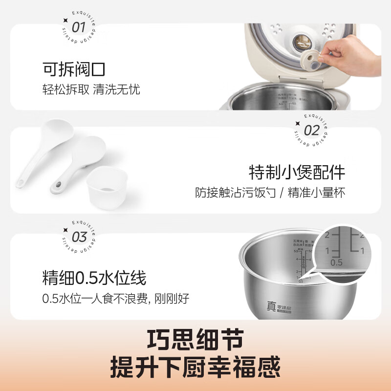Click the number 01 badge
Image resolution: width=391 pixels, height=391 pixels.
(x=78, y=26)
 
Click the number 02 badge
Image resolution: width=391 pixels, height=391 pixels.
(x=311, y=130)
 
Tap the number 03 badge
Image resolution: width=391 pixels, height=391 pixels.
(x=79, y=237)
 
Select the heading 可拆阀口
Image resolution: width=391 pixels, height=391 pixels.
(x=73, y=70)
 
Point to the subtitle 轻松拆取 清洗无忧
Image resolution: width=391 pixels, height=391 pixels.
(x=90, y=90)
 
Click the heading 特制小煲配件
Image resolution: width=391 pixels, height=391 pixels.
(x=297, y=173)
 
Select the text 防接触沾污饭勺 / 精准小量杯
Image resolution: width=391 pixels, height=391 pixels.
(x=270, y=193)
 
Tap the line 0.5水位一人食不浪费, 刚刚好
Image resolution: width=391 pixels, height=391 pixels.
(x=116, y=299)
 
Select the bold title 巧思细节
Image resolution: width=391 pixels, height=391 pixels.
(x=195, y=337)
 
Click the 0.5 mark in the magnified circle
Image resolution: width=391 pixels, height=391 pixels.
(x=336, y=262)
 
